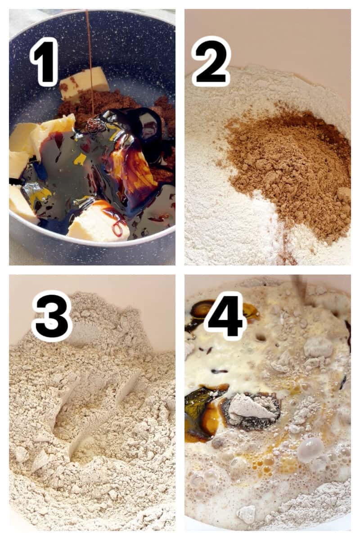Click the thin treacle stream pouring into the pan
89,58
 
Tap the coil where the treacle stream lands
93,126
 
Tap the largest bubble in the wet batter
310,448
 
